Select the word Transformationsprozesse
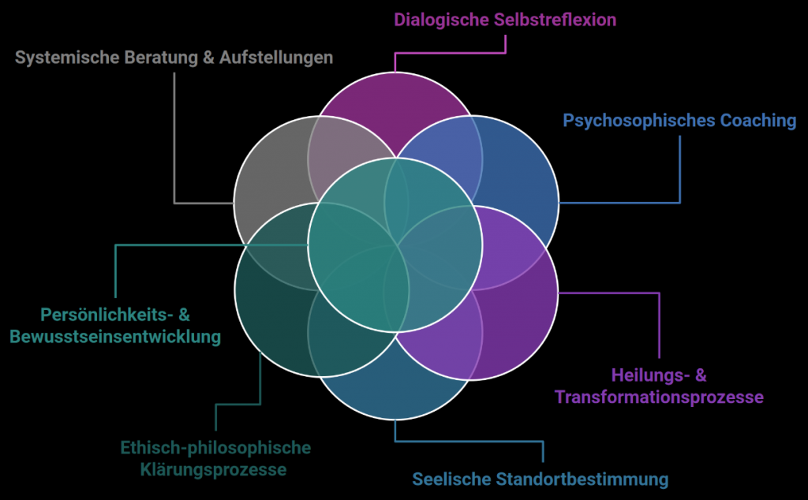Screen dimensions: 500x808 (659, 397)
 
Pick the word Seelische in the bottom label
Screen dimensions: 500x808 (447, 479)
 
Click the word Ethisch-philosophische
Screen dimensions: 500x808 (215, 448)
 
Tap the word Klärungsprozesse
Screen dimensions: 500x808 (215, 470)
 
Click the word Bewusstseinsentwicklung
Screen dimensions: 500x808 (114, 337)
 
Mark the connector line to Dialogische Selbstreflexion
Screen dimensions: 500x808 (450, 54)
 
